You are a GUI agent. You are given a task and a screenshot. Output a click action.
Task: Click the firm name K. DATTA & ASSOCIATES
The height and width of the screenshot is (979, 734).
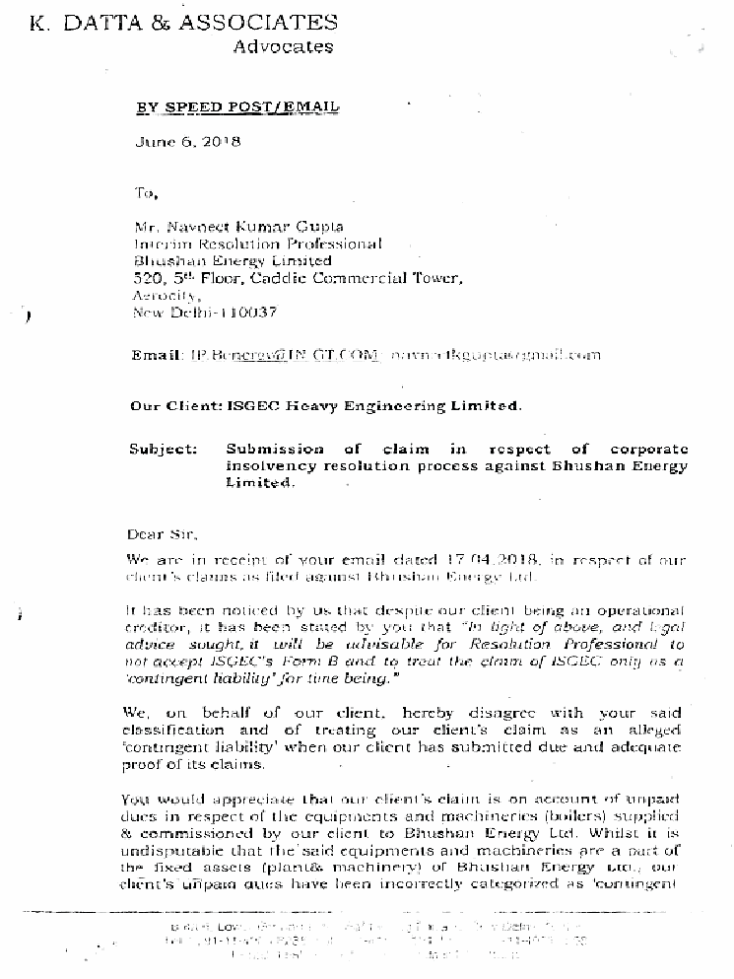click(x=183, y=23)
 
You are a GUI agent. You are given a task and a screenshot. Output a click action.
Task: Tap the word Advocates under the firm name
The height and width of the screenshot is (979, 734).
click(x=283, y=46)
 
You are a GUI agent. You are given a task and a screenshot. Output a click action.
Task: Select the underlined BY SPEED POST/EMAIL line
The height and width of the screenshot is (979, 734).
click(x=236, y=107)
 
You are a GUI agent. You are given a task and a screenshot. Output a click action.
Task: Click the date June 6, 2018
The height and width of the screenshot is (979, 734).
click(x=188, y=141)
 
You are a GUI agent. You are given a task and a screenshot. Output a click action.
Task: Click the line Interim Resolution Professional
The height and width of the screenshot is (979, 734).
click(x=257, y=244)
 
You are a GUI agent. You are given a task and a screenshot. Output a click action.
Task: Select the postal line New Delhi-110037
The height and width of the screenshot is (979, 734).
click(x=204, y=313)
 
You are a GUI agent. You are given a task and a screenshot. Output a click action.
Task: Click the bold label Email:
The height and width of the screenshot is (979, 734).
click(x=156, y=355)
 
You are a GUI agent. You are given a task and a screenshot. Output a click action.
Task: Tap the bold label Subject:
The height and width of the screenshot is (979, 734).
click(x=164, y=449)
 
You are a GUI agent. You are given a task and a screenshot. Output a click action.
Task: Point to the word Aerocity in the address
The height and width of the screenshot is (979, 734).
click(x=167, y=296)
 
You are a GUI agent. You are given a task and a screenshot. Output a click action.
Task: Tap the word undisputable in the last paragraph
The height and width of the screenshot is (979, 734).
click(x=171, y=849)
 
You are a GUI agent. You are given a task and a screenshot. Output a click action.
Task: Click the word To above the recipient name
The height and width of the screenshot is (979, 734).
click(x=146, y=192)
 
